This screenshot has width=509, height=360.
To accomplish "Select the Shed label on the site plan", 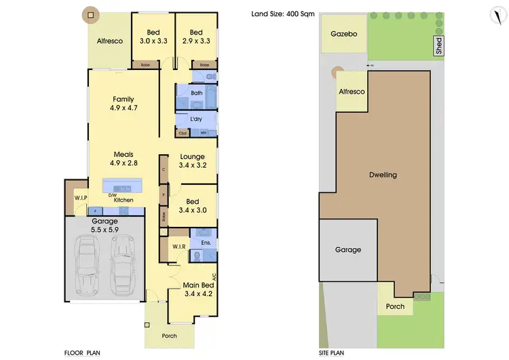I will point(438,46).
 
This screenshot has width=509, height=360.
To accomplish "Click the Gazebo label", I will point(343,34).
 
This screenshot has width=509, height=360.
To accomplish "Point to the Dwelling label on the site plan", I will point(383,175).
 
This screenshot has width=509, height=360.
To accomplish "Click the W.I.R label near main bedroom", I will point(179,246).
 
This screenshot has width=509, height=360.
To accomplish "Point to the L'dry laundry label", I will point(196,120).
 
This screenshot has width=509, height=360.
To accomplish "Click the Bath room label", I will point(197,93).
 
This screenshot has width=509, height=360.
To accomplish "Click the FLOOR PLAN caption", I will point(83,353).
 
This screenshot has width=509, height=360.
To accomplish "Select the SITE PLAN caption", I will point(332,353).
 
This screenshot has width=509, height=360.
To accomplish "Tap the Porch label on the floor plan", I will point(169,336).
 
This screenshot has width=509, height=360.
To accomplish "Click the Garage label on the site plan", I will point(348,249).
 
